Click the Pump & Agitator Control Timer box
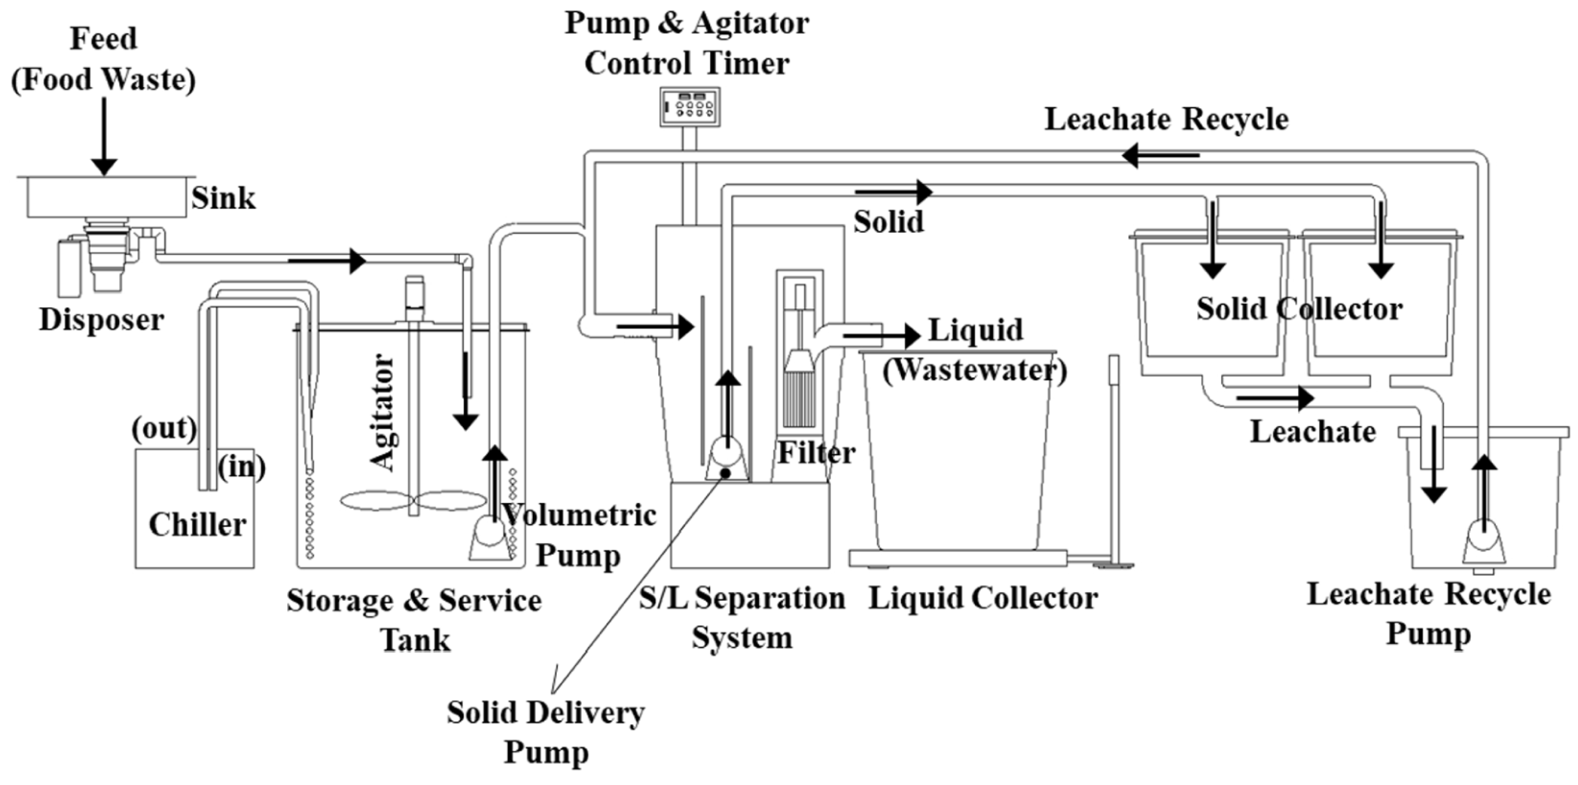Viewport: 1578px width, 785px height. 689,107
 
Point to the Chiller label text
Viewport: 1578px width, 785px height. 197,525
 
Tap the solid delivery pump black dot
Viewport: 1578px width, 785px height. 725,473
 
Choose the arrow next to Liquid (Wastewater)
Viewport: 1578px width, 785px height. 882,335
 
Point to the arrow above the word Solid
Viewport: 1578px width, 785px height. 894,192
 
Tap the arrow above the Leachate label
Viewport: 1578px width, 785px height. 1274,398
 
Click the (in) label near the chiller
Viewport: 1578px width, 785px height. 242,467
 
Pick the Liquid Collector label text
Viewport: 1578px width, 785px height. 982,598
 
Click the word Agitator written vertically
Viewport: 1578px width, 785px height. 383,413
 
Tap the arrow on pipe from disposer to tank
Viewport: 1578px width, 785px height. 328,261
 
